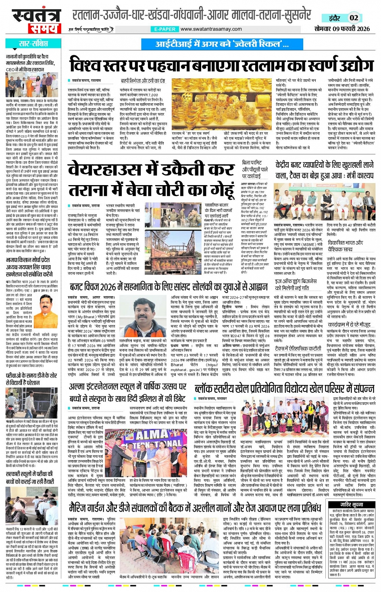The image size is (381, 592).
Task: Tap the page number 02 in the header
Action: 354,18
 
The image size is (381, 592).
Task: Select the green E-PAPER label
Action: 164,29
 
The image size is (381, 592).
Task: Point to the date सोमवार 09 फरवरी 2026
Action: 342,29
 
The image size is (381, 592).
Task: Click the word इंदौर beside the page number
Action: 334,18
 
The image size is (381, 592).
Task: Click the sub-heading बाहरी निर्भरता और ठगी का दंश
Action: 143,81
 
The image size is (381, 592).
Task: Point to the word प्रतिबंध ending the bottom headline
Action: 303,507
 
